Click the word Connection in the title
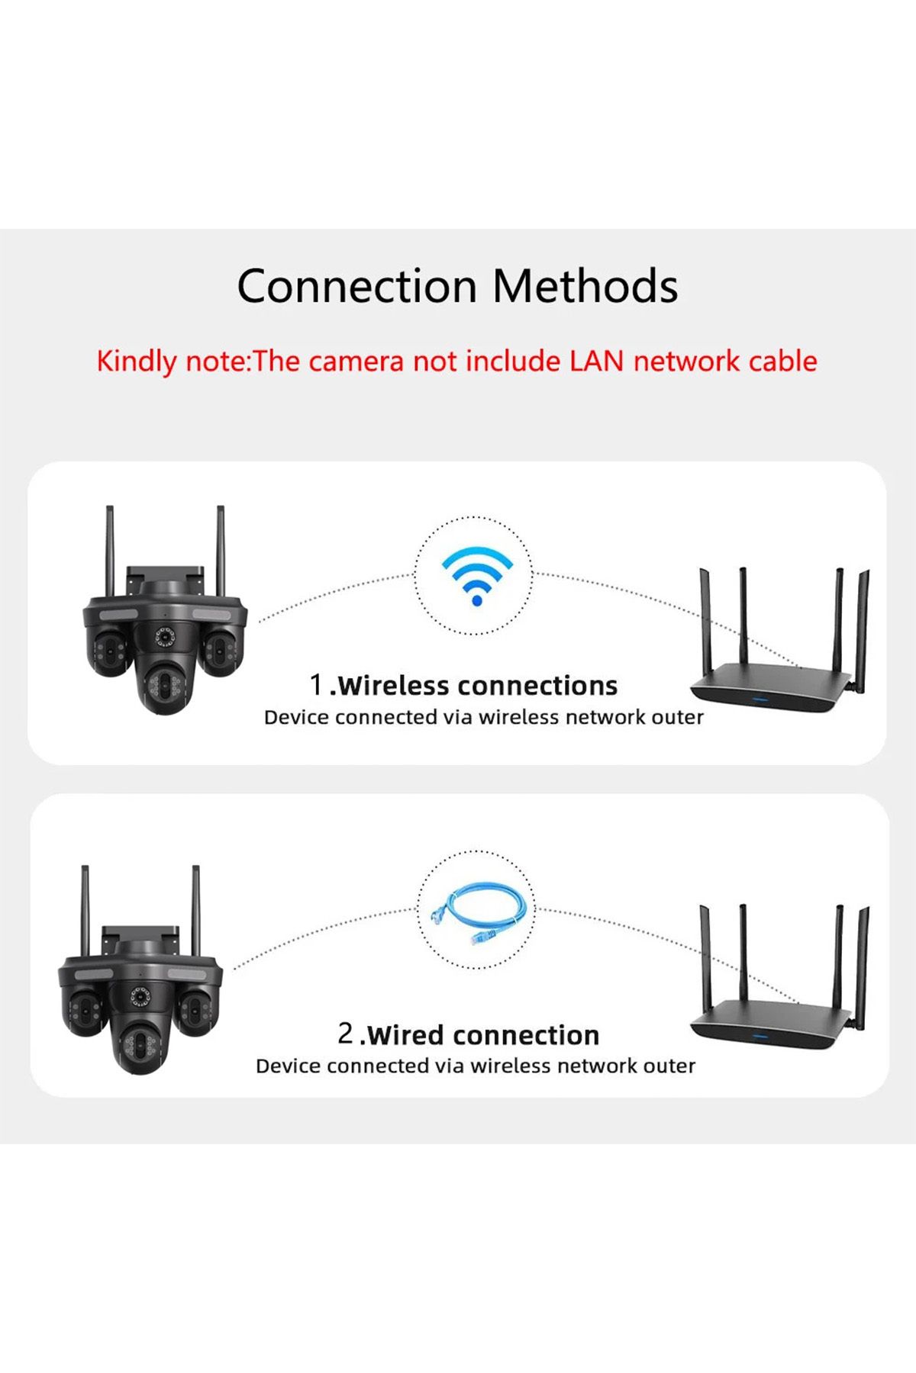(356, 287)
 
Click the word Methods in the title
(585, 287)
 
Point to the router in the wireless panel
(779, 641)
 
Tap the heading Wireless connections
(477, 686)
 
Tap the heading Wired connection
(483, 1035)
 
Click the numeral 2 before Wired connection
(346, 1034)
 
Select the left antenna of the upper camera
(110, 550)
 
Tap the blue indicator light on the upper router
(760, 698)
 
